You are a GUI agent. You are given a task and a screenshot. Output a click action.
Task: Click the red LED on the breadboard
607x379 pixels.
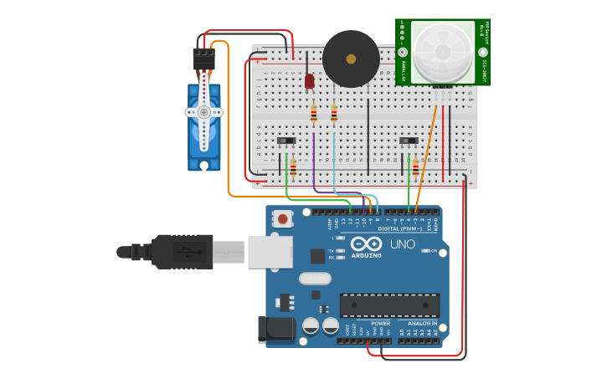(309, 81)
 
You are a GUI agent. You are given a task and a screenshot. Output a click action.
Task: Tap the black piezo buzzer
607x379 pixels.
(351, 59)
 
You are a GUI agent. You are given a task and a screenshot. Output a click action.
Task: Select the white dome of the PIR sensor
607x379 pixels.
(442, 51)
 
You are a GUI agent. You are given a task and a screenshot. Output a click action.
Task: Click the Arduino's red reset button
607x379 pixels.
(283, 219)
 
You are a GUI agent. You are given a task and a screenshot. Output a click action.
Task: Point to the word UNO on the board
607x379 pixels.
(402, 244)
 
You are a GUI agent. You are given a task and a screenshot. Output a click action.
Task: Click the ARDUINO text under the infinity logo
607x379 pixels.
(366, 255)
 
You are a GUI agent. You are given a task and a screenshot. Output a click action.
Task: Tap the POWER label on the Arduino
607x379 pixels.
(380, 323)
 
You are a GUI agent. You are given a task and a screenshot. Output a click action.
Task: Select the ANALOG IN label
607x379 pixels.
(422, 323)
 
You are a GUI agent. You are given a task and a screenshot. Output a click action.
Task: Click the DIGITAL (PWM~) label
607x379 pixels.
(400, 228)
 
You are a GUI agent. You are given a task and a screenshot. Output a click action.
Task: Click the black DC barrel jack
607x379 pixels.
(277, 329)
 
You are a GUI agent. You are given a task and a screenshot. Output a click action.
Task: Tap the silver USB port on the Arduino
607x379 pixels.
(270, 252)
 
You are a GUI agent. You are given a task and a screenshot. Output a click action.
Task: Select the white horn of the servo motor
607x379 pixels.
(203, 112)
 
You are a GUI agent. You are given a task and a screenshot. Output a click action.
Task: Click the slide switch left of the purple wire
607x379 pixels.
(286, 141)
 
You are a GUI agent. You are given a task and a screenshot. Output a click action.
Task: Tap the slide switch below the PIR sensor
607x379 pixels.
(409, 141)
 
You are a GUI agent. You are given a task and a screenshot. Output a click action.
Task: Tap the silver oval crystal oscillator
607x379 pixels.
(314, 279)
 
